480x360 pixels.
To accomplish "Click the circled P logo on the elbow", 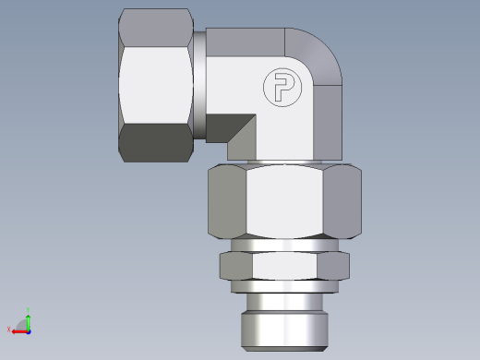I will (x=279, y=88).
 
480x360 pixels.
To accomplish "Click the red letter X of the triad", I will (x=9, y=330).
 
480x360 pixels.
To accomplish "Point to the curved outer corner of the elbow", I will (x=318, y=51).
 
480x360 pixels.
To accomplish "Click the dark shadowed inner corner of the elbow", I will (x=242, y=134).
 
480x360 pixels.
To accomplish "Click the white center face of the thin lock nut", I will (x=285, y=267).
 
